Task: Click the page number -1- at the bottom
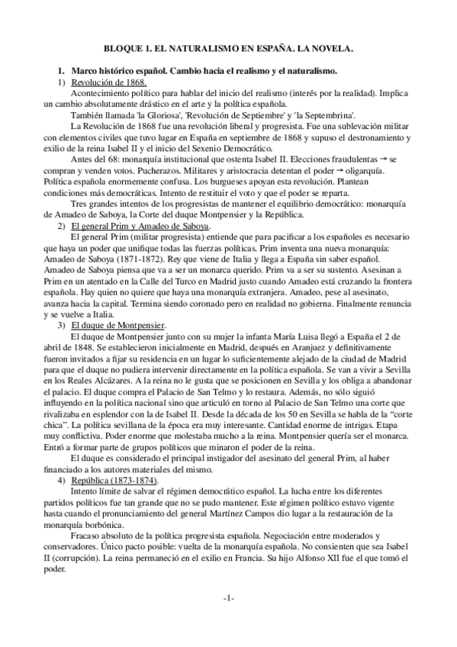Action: [x=228, y=599]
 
